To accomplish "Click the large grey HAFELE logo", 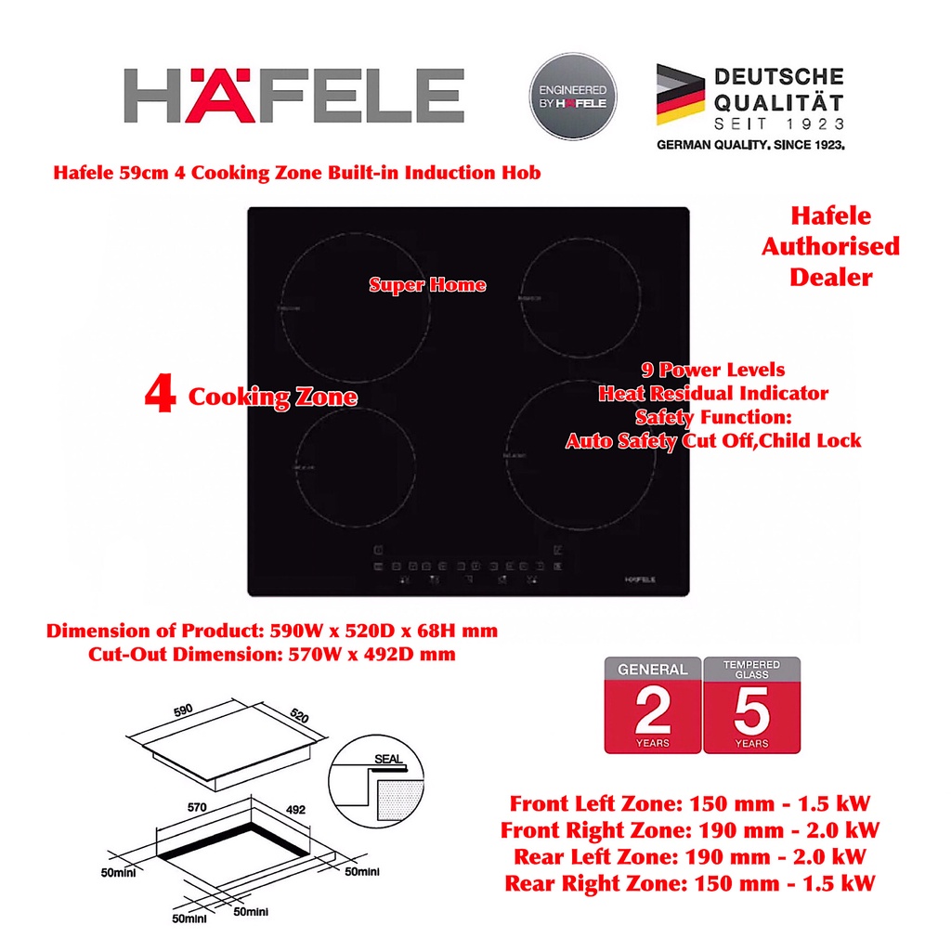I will tap(293, 95).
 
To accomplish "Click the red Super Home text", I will tap(427, 284).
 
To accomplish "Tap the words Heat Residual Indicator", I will tap(713, 394).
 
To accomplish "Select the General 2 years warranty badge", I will tap(653, 706).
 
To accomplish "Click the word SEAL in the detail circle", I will tap(387, 759).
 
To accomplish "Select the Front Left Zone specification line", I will tap(690, 803).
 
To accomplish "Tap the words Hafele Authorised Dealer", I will tap(830, 246).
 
